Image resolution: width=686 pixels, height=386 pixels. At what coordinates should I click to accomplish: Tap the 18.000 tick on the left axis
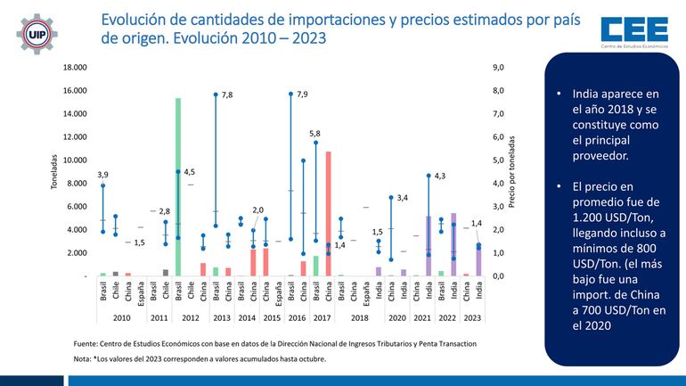click(x=74, y=67)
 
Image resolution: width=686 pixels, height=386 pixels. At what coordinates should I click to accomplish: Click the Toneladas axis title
click(x=55, y=172)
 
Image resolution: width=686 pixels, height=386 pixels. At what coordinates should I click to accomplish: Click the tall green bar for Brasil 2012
click(x=178, y=187)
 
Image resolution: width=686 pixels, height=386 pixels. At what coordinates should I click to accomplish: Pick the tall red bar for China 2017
click(x=328, y=214)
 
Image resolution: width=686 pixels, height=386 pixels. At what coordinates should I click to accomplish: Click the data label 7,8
click(x=228, y=94)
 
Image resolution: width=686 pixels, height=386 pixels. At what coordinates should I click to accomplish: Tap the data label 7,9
click(x=302, y=94)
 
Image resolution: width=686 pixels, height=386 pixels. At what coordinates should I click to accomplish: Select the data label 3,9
click(x=102, y=174)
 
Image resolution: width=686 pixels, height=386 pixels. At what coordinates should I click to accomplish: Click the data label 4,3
click(x=440, y=176)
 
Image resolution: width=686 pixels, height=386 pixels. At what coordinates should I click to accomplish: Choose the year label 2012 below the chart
click(x=190, y=318)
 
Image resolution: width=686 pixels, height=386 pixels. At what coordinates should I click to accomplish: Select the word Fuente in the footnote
click(x=86, y=343)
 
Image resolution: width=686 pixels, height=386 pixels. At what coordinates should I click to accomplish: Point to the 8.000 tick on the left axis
click(x=76, y=184)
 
